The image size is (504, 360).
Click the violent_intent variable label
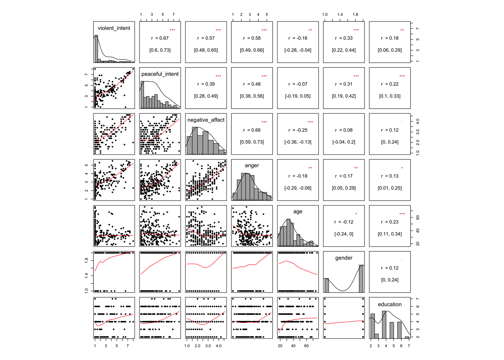[114, 28]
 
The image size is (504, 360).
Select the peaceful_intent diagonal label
[160, 74]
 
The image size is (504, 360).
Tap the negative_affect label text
[206, 120]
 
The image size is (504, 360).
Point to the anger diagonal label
[252, 165]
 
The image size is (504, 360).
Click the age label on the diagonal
[298, 211]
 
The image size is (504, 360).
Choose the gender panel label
[344, 258]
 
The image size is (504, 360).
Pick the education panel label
[390, 304]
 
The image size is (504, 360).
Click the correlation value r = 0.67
[160, 38]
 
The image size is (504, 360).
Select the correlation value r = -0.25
[298, 130]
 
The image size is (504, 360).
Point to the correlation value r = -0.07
[298, 84]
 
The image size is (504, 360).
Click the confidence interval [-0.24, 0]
[344, 234]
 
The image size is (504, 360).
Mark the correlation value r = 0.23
[390, 222]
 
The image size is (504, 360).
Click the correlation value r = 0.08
[344, 130]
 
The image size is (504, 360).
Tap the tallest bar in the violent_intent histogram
[96, 49]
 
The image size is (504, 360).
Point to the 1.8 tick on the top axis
[355, 15]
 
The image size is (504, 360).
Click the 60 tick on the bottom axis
[306, 346]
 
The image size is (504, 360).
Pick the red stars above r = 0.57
[218, 30]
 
